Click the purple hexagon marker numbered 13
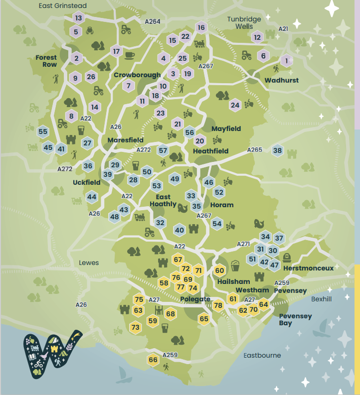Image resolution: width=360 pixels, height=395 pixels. pyautogui.click(x=78, y=18)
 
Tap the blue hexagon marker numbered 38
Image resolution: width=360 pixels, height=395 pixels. pyautogui.click(x=278, y=150)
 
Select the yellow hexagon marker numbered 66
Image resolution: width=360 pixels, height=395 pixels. pyautogui.click(x=153, y=360)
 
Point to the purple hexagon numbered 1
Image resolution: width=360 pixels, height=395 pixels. pyautogui.click(x=286, y=61)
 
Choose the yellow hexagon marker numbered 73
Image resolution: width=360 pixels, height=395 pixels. pyautogui.click(x=135, y=327)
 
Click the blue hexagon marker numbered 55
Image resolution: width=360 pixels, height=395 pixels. pyautogui.click(x=43, y=132)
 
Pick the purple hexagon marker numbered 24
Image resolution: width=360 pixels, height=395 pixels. pyautogui.click(x=235, y=105)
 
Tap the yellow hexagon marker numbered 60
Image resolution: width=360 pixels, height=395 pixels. pyautogui.click(x=220, y=270)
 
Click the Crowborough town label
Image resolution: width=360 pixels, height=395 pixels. pyautogui.click(x=137, y=75)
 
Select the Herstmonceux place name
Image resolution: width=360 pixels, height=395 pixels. pyautogui.click(x=308, y=268)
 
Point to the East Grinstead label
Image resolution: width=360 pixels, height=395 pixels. pyautogui.click(x=63, y=6)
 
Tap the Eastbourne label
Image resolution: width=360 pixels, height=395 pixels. pyautogui.click(x=262, y=355)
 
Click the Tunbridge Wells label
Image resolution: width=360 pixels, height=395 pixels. pyautogui.click(x=244, y=22)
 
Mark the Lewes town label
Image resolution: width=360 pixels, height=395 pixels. pyautogui.click(x=89, y=263)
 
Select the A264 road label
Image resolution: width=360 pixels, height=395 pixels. pyautogui.click(x=153, y=21)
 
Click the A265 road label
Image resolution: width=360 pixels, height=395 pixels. pyautogui.click(x=254, y=150)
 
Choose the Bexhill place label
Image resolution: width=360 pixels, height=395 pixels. pyautogui.click(x=321, y=299)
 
